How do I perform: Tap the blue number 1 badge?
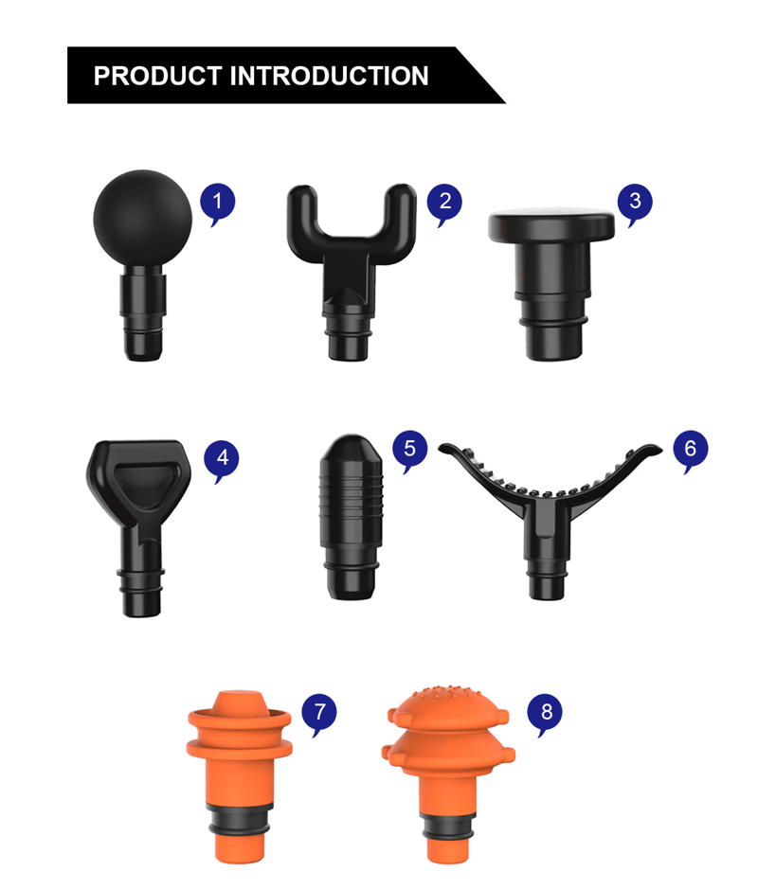tap(218, 201)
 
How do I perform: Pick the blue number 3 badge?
tap(635, 201)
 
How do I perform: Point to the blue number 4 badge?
tap(222, 458)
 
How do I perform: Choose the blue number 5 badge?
tap(409, 448)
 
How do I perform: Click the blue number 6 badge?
tap(690, 448)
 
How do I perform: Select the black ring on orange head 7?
tap(237, 814)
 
